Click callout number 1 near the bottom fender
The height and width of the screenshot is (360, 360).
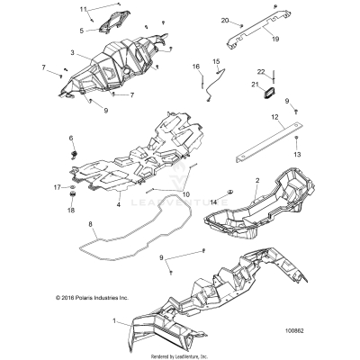coord(113,320)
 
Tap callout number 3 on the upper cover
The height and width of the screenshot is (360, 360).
coord(71,54)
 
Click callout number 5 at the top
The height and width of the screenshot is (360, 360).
coord(81,30)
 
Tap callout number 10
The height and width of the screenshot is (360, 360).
coord(187,193)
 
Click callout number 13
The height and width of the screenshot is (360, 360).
coord(299,154)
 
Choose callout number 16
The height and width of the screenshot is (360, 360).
coord(193,67)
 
